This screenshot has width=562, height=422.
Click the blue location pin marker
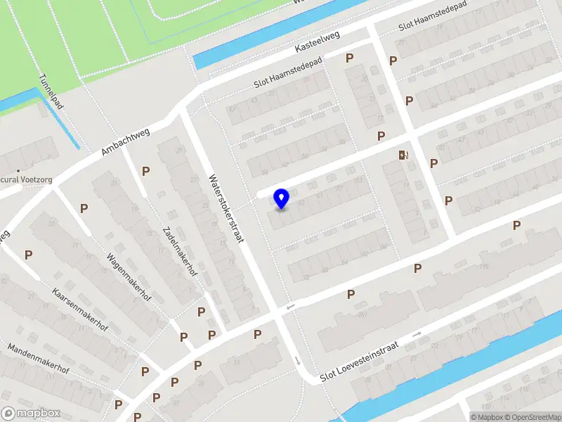click(282, 199)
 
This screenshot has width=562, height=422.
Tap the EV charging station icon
click(403, 155)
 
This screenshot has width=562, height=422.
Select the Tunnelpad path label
click(52, 92)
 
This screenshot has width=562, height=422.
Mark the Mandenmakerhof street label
click(38, 359)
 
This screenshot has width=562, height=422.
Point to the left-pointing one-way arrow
click(290, 307)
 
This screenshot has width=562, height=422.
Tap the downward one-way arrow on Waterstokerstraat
click(298, 361)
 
